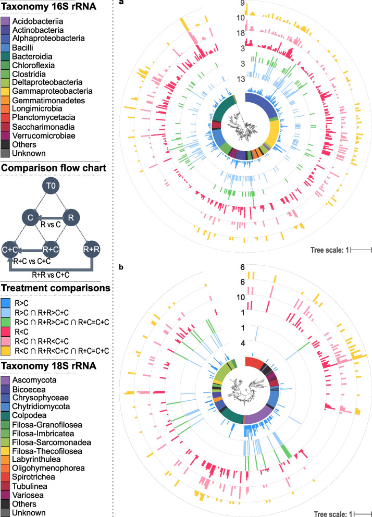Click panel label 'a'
coord(121,3)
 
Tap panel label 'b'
coord(121,267)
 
